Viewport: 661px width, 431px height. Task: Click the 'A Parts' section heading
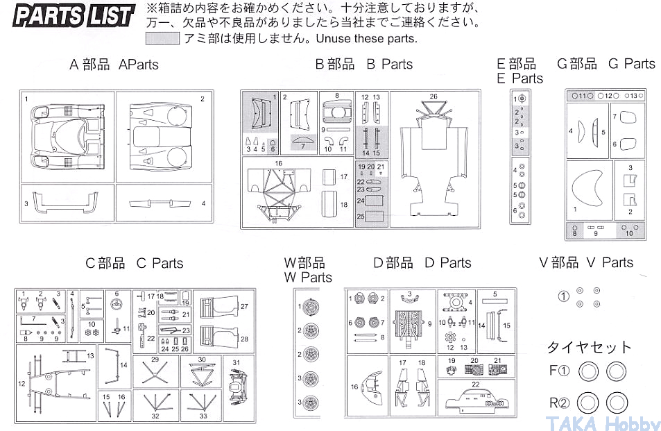tap(114, 65)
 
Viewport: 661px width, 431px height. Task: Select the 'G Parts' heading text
tap(606, 64)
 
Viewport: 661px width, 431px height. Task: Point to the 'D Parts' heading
tap(422, 263)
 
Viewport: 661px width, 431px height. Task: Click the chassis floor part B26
tap(433, 160)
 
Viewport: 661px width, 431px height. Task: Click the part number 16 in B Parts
tap(278, 163)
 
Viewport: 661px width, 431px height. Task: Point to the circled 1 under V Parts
tap(563, 297)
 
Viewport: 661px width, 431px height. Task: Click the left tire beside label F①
tap(587, 371)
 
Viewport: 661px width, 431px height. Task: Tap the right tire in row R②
tap(615, 402)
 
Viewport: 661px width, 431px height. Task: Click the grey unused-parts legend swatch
tap(163, 39)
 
